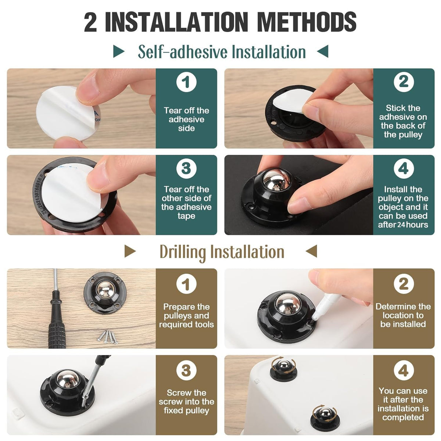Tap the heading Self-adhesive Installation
coord(222,52)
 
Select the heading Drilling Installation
coord(222,252)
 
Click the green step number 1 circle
coord(186,82)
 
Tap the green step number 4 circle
coord(404,168)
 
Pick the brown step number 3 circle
coord(186,370)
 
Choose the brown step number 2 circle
coord(404,284)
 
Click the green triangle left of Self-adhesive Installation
coord(118,51)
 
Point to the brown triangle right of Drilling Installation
coord(312,252)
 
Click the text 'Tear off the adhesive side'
coord(186,119)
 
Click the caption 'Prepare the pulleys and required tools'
coord(186,316)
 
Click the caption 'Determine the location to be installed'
coord(403,315)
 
